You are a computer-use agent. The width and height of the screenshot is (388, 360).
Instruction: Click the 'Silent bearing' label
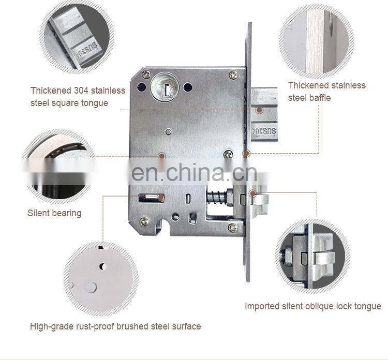tap(54, 213)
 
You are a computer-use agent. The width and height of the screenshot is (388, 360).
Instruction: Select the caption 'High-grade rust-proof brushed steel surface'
tap(115, 326)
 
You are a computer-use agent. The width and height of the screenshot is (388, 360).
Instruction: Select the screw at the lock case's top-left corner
tap(146, 74)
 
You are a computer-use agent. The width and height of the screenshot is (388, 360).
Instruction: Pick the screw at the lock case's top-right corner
tap(234, 76)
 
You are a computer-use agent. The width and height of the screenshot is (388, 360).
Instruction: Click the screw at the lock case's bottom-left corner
tap(144, 221)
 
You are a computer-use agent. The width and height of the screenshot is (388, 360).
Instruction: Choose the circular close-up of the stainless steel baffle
tap(317, 41)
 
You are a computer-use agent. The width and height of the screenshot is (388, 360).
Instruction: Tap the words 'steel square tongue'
tap(69, 103)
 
